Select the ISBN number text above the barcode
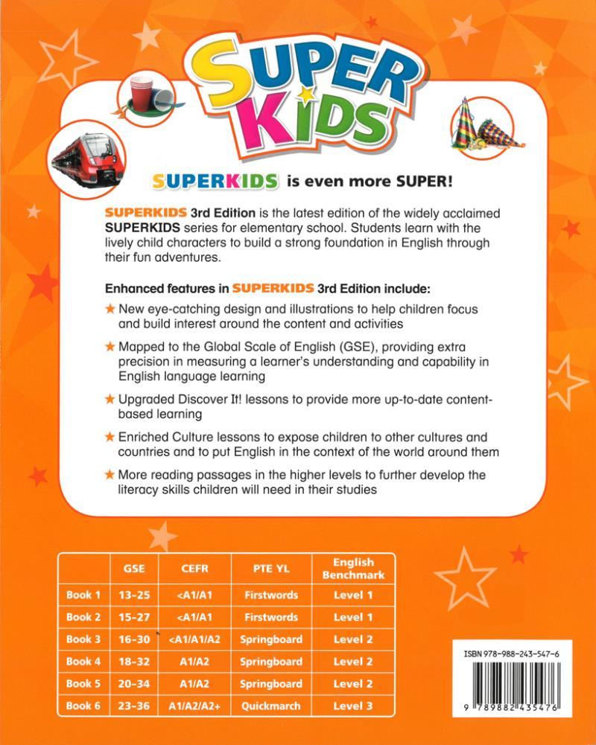[513, 652]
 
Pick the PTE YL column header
[271, 569]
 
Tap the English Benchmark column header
[353, 569]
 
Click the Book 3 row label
[83, 639]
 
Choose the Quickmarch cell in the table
[271, 706]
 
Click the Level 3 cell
[353, 706]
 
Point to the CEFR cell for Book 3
[195, 639]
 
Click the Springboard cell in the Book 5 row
[271, 684]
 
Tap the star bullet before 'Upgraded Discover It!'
[110, 400]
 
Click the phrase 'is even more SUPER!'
[370, 182]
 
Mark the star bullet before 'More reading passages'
[110, 474]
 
